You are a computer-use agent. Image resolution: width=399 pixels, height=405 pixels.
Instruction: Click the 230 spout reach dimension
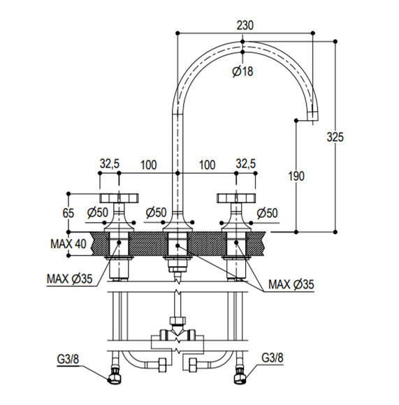point(245,26)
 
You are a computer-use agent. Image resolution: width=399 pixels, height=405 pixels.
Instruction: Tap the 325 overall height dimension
point(335,137)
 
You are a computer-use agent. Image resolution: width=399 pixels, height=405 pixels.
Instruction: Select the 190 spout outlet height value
point(296,176)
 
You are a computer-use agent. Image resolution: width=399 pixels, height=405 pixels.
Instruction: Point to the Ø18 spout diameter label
point(242,71)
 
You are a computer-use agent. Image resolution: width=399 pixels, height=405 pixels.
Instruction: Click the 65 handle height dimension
point(68,213)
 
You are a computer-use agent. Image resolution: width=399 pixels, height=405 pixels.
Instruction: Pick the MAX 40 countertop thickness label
point(68,244)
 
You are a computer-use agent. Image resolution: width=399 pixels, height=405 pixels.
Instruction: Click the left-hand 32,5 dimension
point(110,164)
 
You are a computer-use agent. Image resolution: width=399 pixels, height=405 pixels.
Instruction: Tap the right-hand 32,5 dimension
point(245,164)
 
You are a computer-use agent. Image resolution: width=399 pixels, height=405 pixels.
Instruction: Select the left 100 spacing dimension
point(148,165)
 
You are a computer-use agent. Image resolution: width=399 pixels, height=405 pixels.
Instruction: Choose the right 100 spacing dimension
point(208,165)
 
